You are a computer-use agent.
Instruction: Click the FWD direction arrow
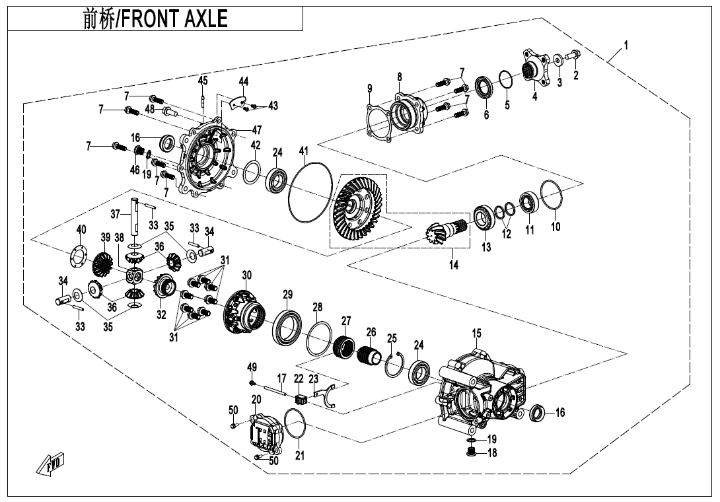(51, 465)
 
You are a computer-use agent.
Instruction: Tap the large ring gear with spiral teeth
(357, 209)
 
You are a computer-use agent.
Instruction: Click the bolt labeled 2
(572, 59)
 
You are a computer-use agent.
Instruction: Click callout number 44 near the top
(244, 81)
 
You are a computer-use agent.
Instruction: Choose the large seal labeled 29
(288, 326)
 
